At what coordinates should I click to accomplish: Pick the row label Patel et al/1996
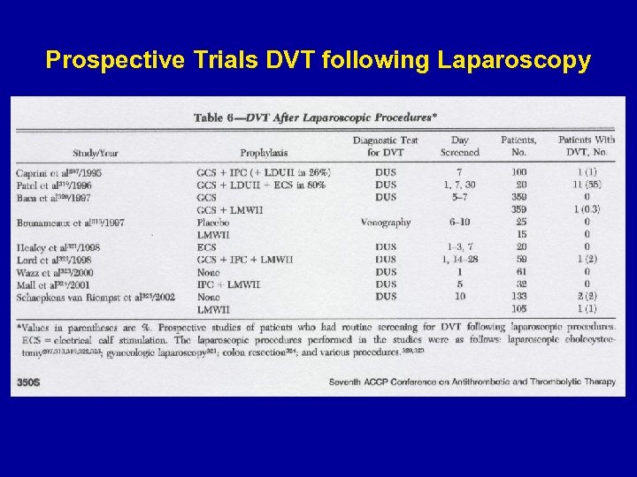pos(54,185)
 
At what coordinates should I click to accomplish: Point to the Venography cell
pos(386,223)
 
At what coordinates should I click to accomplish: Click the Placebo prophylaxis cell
pos(215,223)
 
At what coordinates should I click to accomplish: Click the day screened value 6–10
pos(460,223)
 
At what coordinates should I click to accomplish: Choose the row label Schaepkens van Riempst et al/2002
pos(89,297)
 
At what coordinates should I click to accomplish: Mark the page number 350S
pos(31,382)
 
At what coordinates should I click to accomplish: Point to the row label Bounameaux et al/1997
pos(71,223)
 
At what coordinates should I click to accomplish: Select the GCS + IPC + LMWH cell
pos(245,260)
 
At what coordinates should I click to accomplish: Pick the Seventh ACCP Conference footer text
pos(473,382)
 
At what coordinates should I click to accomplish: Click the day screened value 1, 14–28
pos(460,260)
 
